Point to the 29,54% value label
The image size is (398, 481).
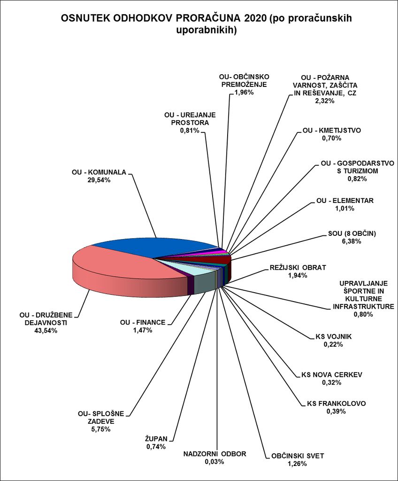pos(99,180)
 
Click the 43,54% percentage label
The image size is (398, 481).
pos(46,331)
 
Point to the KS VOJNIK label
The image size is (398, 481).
pos(333,336)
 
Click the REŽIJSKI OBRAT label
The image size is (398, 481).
pos(298,267)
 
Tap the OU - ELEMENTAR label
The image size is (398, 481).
pos(345,201)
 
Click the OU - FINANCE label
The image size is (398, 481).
pos(143,322)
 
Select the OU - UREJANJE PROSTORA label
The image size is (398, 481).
pos(187,118)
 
